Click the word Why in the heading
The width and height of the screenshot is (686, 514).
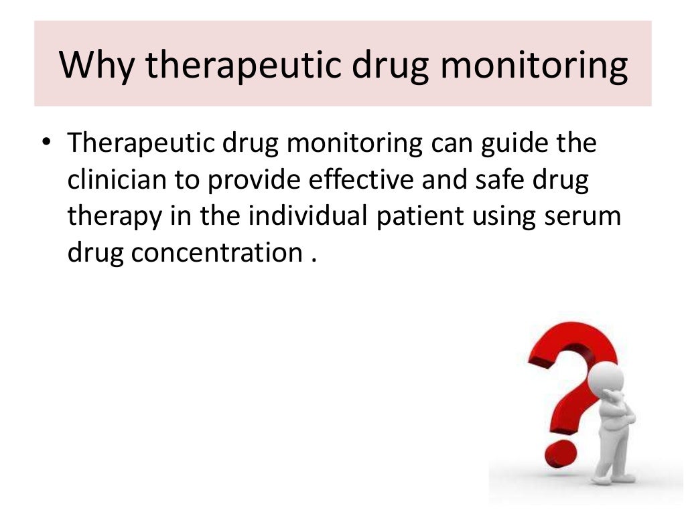[x=96, y=64]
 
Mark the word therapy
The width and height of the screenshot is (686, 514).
[x=116, y=218]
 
